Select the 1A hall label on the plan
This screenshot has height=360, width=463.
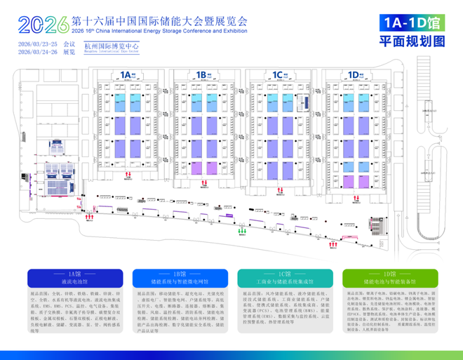pos(126,74)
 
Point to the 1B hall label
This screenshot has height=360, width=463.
pos(202,74)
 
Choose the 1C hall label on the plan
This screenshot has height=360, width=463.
pos(278,74)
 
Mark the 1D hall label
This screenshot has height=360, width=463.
pos(354,74)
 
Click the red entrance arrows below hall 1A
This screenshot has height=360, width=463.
pos(128,174)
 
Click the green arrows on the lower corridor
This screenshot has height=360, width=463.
pos(242,229)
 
